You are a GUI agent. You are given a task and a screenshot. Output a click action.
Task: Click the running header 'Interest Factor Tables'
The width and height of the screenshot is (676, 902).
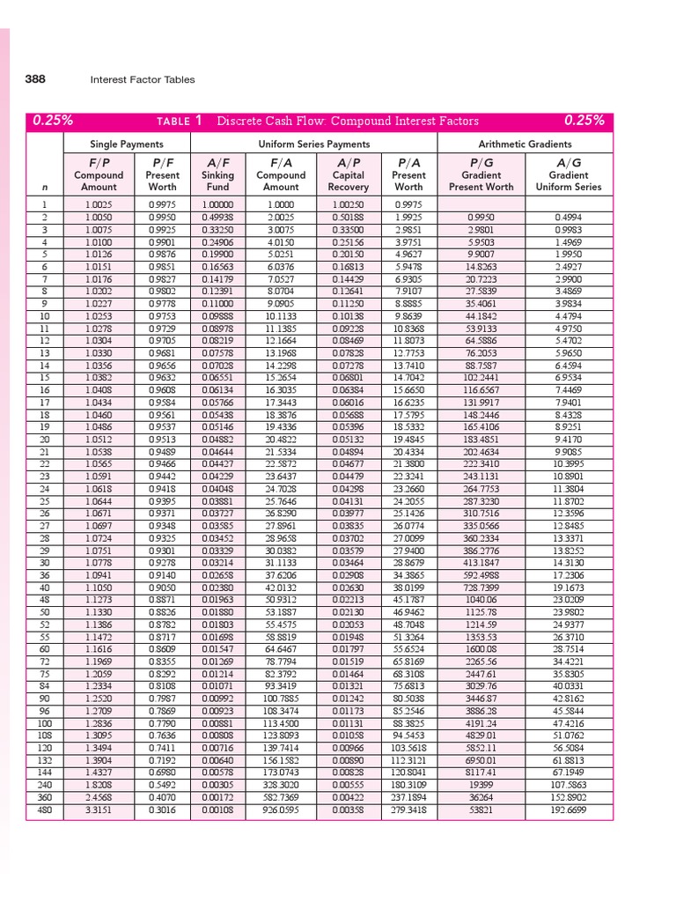(x=143, y=80)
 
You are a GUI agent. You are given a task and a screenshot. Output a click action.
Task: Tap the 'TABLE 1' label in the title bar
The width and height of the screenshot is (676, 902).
(x=180, y=122)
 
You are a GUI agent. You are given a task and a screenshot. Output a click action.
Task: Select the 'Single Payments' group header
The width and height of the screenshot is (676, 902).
(x=127, y=144)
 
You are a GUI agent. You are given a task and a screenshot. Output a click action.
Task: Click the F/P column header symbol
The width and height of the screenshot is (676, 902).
(x=99, y=162)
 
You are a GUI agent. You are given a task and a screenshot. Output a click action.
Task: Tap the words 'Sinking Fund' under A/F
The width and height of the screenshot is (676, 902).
(x=217, y=181)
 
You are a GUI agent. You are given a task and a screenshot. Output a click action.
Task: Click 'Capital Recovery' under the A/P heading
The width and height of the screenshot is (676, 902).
(x=348, y=181)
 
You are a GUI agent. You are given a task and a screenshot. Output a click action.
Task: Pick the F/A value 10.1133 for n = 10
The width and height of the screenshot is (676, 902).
(x=281, y=315)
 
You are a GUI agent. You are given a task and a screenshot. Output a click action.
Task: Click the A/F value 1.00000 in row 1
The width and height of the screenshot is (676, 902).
(x=217, y=204)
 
